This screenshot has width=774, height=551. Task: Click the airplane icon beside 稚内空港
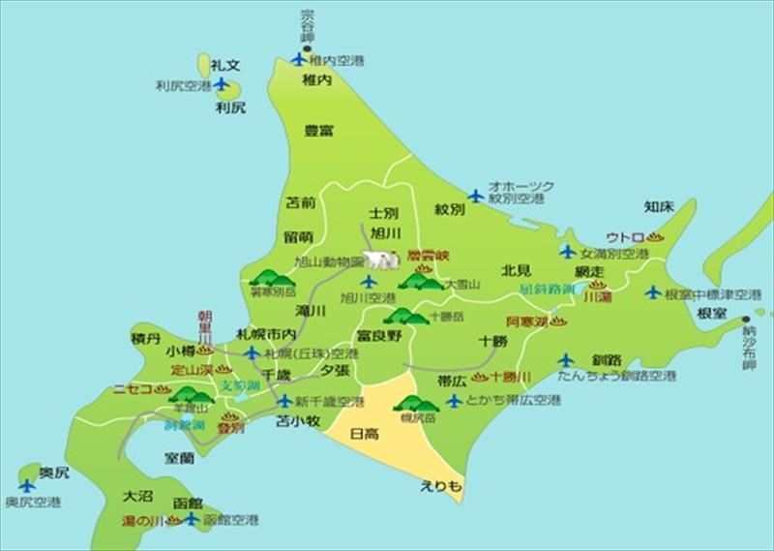pyautogui.click(x=299, y=59)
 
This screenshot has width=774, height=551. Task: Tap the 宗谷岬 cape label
pyautogui.click(x=308, y=25)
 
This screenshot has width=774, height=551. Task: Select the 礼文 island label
pyautogui.click(x=224, y=64)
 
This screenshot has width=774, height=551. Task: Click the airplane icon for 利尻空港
pyautogui.click(x=222, y=84)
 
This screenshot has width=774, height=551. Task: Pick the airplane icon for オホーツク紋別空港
pyautogui.click(x=475, y=196)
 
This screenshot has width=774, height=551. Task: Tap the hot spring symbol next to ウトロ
pyautogui.click(x=655, y=236)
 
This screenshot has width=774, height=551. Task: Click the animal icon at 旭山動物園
pyautogui.click(x=382, y=260)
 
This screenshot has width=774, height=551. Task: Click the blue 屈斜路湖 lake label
pyautogui.click(x=547, y=289)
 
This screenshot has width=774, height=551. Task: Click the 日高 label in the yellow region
pyautogui.click(x=364, y=435)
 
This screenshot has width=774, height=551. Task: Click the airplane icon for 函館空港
pyautogui.click(x=192, y=520)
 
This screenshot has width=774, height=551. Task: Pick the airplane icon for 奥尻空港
pyautogui.click(x=26, y=485)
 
